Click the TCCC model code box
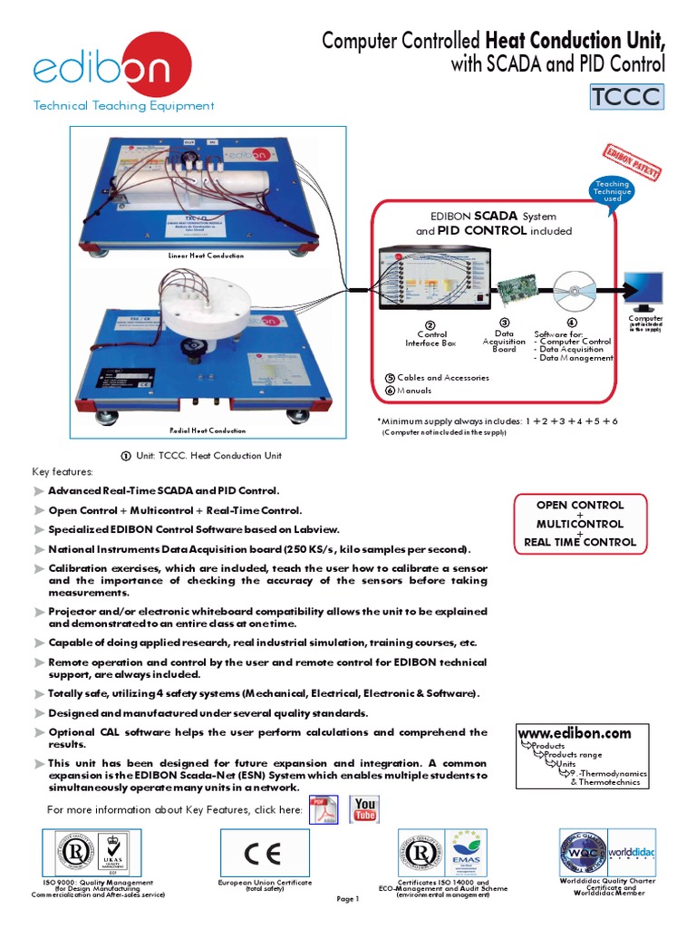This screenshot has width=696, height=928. point(626,96)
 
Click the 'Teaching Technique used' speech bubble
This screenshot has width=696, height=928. point(612,191)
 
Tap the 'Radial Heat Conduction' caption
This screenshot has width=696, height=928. point(207,430)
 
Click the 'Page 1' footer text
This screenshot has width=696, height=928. point(348,899)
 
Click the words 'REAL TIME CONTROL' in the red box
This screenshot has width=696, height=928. point(580,543)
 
